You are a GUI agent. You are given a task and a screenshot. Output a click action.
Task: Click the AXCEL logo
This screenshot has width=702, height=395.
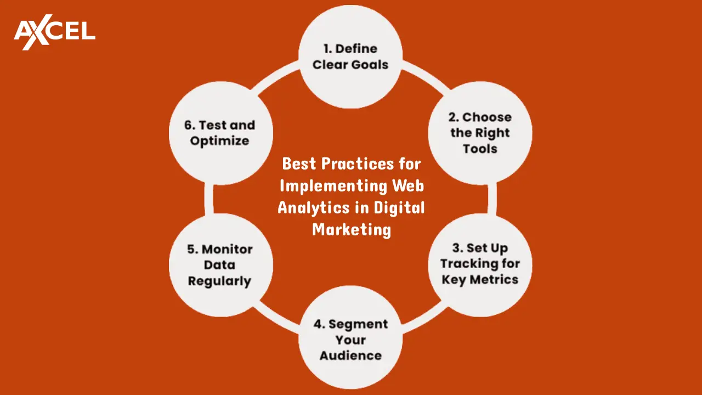(x=54, y=32)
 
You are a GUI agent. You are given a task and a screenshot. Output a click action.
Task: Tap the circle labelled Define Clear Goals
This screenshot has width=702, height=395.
(x=350, y=57)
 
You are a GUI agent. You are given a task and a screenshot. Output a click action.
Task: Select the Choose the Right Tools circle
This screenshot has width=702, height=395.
(x=480, y=133)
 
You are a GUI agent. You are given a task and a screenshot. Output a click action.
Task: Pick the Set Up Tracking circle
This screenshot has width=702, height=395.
(x=480, y=264)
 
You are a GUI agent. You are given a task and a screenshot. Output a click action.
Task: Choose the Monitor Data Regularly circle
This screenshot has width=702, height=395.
(x=220, y=265)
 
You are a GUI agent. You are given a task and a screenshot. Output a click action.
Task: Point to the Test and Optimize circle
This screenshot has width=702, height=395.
(x=220, y=133)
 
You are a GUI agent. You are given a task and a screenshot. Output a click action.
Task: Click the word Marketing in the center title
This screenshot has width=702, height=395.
(x=352, y=229)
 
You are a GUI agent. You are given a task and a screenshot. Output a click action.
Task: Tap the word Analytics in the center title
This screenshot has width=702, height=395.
(x=313, y=207)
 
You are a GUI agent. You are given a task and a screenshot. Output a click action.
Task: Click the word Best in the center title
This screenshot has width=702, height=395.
(x=300, y=163)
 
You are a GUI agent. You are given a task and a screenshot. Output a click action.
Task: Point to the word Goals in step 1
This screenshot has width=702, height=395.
(x=369, y=65)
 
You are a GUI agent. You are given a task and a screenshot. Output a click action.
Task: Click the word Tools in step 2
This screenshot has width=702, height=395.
(x=480, y=149)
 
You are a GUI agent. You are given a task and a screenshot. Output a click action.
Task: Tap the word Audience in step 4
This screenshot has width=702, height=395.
(x=350, y=355)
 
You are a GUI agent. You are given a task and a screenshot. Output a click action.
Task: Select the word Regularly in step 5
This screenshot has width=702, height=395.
(x=219, y=281)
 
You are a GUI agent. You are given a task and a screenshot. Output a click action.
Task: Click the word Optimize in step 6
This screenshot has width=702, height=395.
(x=219, y=141)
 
